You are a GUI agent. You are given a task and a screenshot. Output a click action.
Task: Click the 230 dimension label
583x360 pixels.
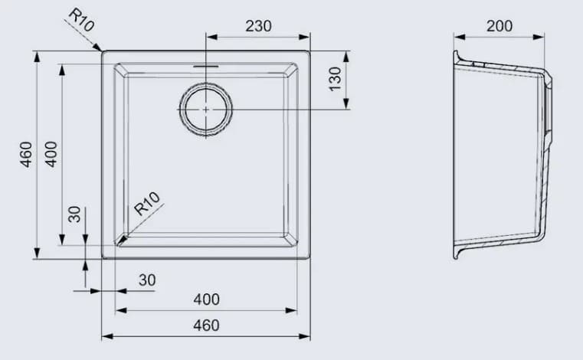[259, 25]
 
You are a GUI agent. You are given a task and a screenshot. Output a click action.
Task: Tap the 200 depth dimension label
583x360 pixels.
[499, 25]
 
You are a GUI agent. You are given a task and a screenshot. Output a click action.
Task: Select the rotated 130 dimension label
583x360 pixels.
[335, 78]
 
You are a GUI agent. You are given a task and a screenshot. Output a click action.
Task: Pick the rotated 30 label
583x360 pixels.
[74, 214]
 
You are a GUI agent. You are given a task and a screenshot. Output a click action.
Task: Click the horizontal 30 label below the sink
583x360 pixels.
[147, 280]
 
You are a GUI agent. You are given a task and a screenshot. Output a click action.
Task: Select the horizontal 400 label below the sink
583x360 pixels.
[206, 299]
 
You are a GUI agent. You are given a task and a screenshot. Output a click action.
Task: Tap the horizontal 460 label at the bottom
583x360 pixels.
[206, 325]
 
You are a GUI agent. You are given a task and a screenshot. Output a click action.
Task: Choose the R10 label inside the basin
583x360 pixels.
[146, 205]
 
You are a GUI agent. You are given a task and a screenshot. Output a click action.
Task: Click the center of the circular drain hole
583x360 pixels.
[206, 110]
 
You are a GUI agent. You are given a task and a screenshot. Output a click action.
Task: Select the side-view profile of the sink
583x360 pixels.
[502, 153]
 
